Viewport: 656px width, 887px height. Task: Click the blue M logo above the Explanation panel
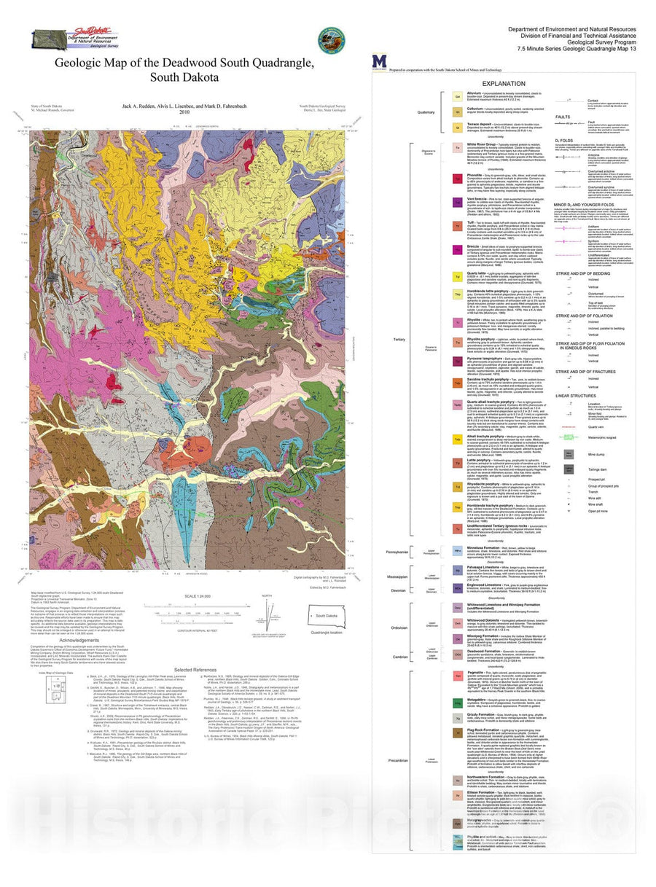tap(378, 61)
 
